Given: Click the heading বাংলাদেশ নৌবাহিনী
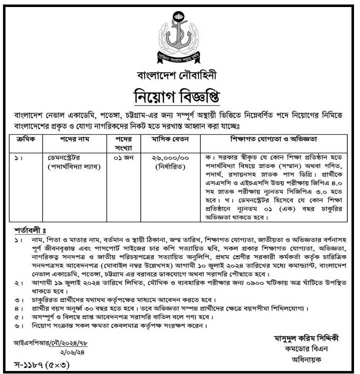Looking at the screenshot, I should tap(179, 75).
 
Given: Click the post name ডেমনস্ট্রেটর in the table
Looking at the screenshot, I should tap(72, 157).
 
